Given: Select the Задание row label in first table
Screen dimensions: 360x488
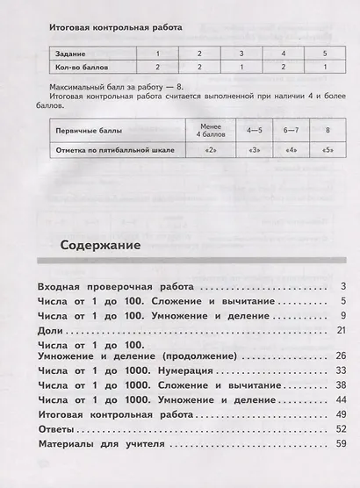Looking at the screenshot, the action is tap(70, 54).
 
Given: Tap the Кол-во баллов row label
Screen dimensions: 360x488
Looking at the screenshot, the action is tap(80, 66).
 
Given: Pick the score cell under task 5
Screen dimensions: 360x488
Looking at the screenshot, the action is tap(323, 66).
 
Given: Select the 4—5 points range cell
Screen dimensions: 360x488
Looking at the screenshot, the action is tap(255, 131).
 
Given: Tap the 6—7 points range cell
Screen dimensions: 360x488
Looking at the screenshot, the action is tap(291, 131).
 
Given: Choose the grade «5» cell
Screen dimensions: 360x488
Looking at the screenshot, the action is tap(327, 150).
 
